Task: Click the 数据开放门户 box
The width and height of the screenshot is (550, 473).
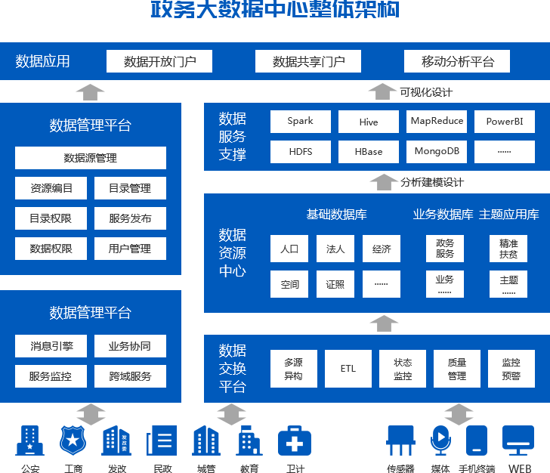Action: point(159,61)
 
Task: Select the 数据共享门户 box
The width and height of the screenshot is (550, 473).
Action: point(308,61)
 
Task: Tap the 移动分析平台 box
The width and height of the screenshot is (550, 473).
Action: point(457,61)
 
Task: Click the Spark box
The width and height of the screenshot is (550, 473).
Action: point(300,121)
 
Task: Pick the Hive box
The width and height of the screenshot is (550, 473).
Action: point(368,122)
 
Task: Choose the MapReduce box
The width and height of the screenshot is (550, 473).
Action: point(437,121)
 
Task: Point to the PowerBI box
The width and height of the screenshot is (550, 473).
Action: point(505,122)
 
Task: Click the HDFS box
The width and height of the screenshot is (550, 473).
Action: point(300,151)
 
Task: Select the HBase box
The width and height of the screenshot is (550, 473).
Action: point(368,152)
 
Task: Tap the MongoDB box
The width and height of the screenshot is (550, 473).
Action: point(437,151)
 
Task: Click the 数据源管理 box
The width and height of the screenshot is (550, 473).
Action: point(91,158)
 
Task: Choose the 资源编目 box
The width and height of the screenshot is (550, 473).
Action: point(51,188)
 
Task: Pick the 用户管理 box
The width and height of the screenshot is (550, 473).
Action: point(130,249)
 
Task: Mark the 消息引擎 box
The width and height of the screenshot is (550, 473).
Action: point(51,346)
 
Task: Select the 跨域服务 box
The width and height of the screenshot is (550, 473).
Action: point(130,376)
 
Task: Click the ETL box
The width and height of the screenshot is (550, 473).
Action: point(348,369)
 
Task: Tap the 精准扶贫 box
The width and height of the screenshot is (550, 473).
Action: point(508,249)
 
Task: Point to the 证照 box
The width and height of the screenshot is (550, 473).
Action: point(335,284)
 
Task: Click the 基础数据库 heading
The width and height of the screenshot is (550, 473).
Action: point(336,214)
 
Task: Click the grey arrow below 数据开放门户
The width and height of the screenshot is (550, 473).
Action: point(91,92)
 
